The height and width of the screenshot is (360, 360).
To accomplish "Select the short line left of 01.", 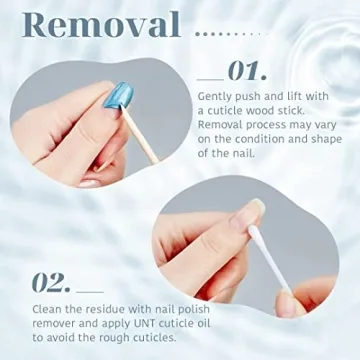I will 210,76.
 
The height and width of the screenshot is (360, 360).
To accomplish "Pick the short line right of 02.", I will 90,288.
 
